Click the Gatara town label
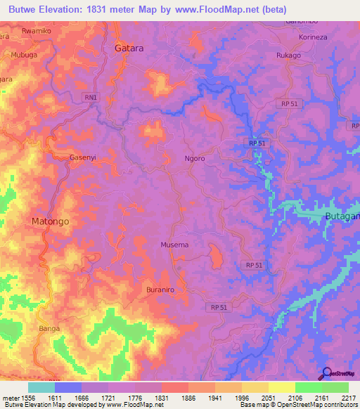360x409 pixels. (129, 48)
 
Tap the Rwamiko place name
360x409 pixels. (37, 32)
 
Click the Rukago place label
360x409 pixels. (288, 56)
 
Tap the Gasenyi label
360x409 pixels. (82, 157)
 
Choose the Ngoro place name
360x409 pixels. (194, 159)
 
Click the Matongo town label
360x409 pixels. (51, 221)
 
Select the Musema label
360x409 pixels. (174, 245)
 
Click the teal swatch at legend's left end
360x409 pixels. (41, 387)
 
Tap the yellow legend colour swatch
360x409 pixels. (282, 387)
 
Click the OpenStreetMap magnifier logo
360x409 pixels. (326, 374)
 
